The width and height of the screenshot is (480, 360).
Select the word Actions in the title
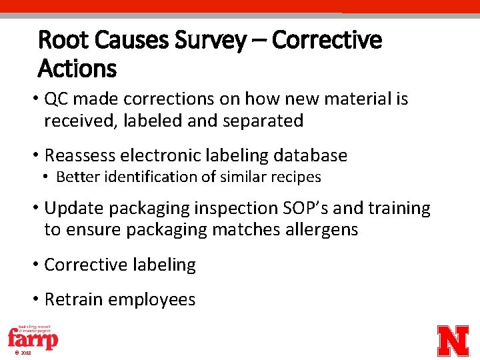(x=77, y=68)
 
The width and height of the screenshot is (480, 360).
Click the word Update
(x=74, y=209)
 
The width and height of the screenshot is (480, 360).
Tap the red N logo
(x=453, y=341)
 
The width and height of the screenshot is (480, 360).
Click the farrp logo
(x=33, y=337)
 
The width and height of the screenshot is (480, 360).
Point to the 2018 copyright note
(x=21, y=353)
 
